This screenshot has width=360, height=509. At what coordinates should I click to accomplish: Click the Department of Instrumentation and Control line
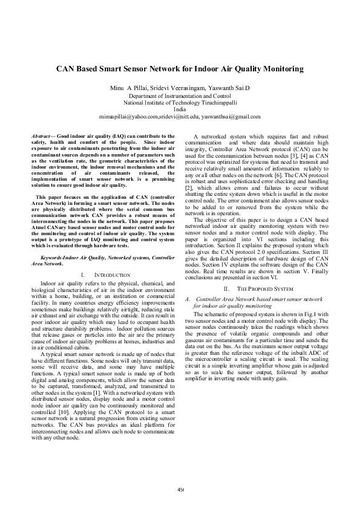click(x=180, y=96)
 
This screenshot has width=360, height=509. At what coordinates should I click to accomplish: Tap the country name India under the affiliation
click(x=180, y=109)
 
